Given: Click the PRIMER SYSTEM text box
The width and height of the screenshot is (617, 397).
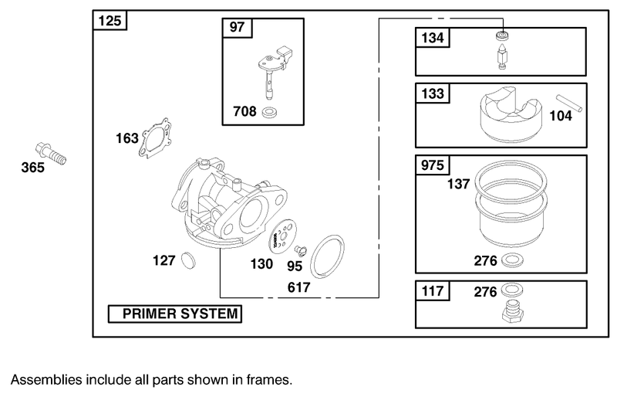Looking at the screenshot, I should point(174,314).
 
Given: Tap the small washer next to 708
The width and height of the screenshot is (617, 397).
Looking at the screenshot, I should point(271,114).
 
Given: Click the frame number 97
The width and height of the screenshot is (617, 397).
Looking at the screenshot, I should point(236,28).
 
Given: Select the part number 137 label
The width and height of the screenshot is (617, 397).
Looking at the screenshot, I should point(459,185).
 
